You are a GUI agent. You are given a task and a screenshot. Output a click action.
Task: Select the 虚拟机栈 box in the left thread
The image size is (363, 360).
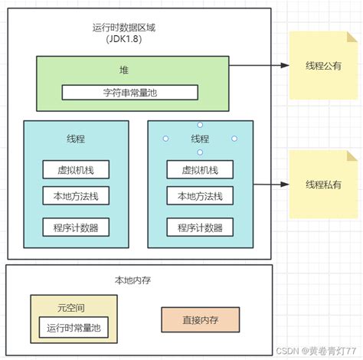(x=76, y=170)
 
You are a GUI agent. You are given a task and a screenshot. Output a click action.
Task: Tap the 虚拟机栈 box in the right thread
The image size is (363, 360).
(x=200, y=170)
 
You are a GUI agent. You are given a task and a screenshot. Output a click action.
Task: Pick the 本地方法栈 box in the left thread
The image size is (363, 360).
(x=76, y=195)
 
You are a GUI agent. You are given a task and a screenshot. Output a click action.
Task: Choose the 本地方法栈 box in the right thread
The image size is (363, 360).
(x=200, y=195)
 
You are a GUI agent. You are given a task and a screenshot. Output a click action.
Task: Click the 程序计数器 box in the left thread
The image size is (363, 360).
(x=76, y=227)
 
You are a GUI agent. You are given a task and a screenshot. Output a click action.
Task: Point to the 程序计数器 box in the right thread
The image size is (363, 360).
(x=200, y=227)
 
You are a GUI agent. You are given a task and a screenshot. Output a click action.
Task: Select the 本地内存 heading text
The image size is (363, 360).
(x=133, y=280)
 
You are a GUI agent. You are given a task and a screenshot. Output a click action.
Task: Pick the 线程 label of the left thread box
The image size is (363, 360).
(x=76, y=139)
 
